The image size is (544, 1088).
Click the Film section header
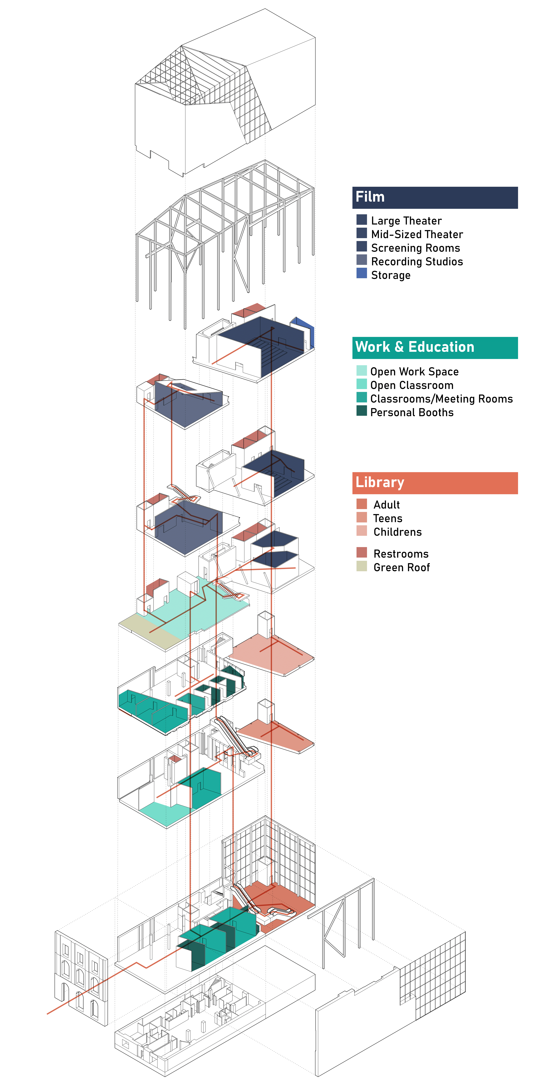pos(435,198)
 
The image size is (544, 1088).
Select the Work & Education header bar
pos(435,348)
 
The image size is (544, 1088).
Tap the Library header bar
pos(435,483)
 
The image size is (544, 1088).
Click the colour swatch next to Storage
pos(362,273)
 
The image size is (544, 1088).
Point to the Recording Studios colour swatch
pos(362,260)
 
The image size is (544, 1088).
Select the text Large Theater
pos(406,221)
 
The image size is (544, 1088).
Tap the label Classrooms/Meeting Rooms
pos(441,399)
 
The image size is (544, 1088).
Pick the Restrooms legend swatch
pos(362,552)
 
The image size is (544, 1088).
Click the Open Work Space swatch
pos(362,370)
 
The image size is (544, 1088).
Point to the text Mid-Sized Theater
pos(417,234)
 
